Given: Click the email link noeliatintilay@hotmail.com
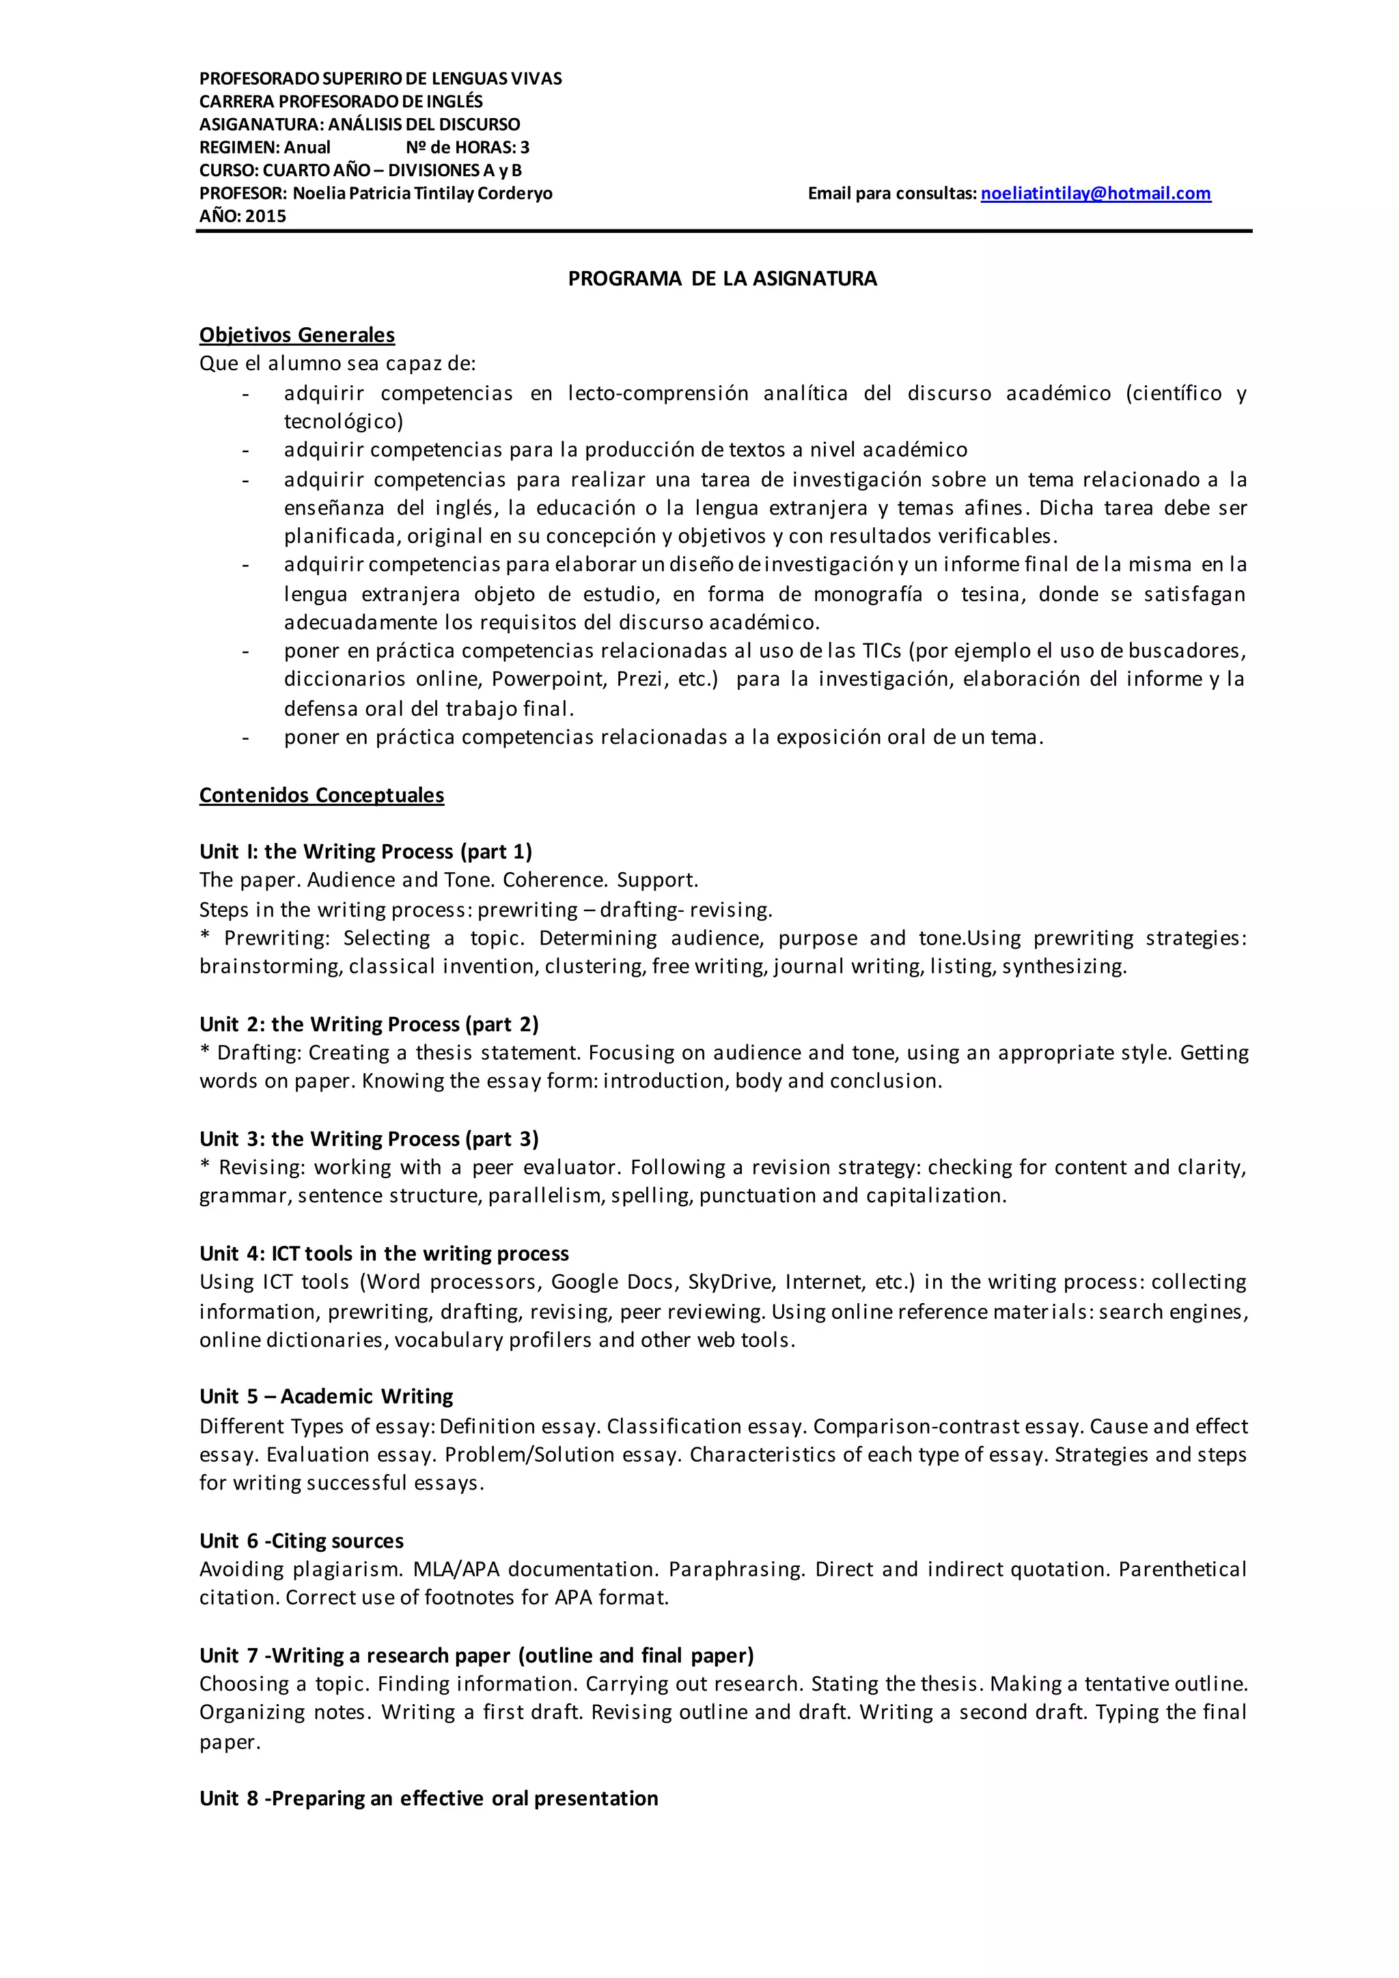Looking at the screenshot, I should click(x=1095, y=194).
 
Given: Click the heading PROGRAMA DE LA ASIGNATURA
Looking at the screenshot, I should click(x=722, y=278).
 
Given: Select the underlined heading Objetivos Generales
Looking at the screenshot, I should click(x=296, y=335).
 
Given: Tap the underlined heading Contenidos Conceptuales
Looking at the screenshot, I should click(x=321, y=795).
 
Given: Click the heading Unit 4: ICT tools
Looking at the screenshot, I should click(x=383, y=1253).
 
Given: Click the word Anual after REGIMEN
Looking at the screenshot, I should click(x=307, y=148).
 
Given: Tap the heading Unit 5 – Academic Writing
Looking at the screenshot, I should click(x=326, y=1397).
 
